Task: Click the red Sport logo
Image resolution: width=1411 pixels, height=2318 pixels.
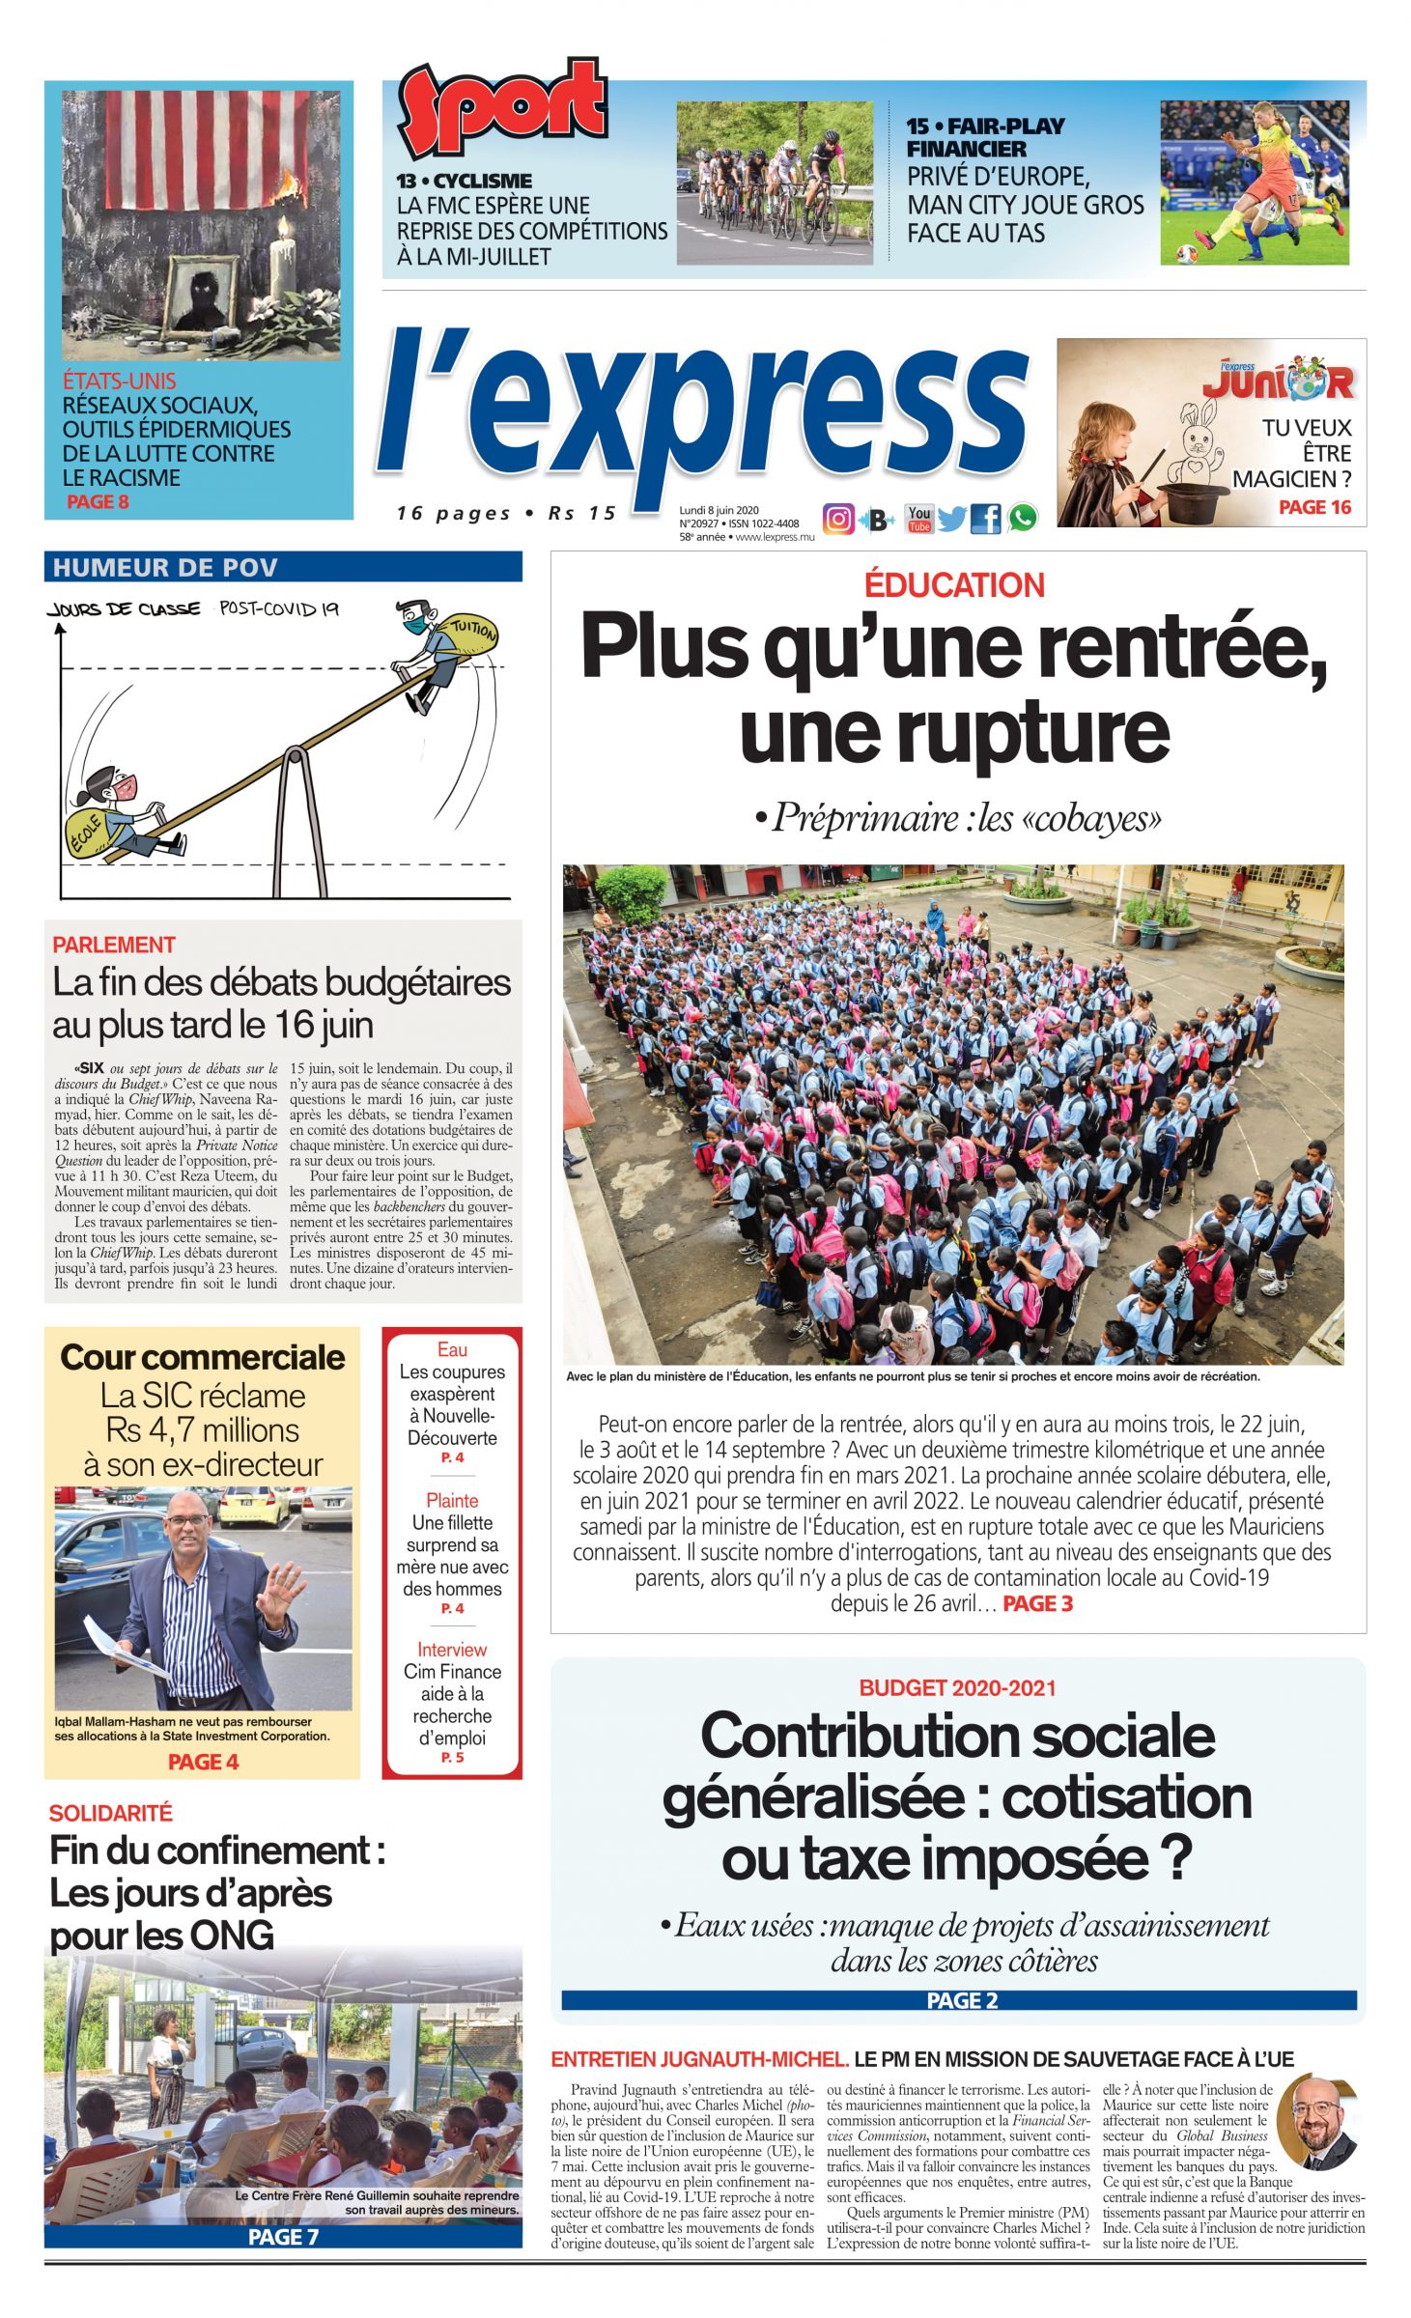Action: pyautogui.click(x=502, y=107)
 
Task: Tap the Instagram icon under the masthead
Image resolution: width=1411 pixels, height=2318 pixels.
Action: pyautogui.click(x=838, y=519)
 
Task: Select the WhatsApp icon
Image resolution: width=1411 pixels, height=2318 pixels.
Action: pyautogui.click(x=1023, y=519)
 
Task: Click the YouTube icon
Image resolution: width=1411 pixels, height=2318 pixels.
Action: pyautogui.click(x=918, y=519)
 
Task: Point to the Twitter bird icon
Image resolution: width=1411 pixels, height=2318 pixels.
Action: pyautogui.click(x=951, y=520)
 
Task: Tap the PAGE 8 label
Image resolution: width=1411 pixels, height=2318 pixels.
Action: pyautogui.click(x=98, y=501)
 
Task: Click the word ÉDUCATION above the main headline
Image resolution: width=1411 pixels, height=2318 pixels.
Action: pyautogui.click(x=954, y=585)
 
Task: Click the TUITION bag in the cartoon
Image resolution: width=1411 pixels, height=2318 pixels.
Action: pyautogui.click(x=471, y=634)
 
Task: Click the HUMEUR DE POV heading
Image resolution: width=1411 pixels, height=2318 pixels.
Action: pyautogui.click(x=165, y=567)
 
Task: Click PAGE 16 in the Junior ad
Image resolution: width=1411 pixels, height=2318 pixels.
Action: pyautogui.click(x=1313, y=507)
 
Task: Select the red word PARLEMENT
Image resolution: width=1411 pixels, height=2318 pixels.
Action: pyautogui.click(x=114, y=945)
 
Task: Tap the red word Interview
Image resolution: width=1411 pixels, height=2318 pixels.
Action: pyautogui.click(x=452, y=1650)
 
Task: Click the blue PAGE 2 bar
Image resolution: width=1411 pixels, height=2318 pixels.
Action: pyautogui.click(x=959, y=2000)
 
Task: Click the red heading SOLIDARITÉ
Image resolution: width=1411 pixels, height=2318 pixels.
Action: pyautogui.click(x=110, y=1813)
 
